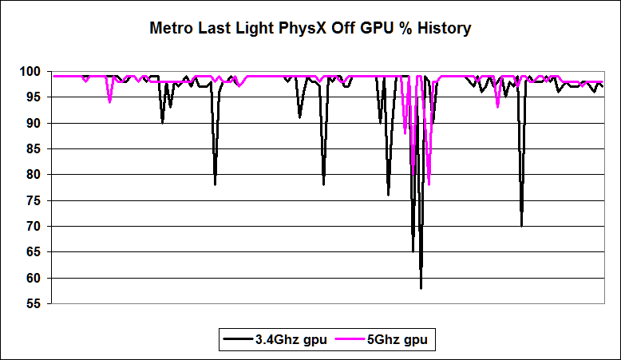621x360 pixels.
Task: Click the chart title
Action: coord(310,30)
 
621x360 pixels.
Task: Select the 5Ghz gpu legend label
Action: coord(397,340)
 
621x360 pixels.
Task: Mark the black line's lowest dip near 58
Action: coord(421,287)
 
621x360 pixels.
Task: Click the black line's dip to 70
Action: coord(521,225)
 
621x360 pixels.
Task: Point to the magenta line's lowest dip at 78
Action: coord(429,184)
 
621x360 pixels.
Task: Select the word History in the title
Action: coord(442,30)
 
